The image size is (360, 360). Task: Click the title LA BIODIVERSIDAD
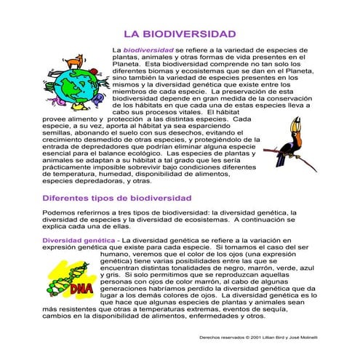click(x=180, y=34)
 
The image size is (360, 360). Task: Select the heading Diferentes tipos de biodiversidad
click(x=116, y=198)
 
